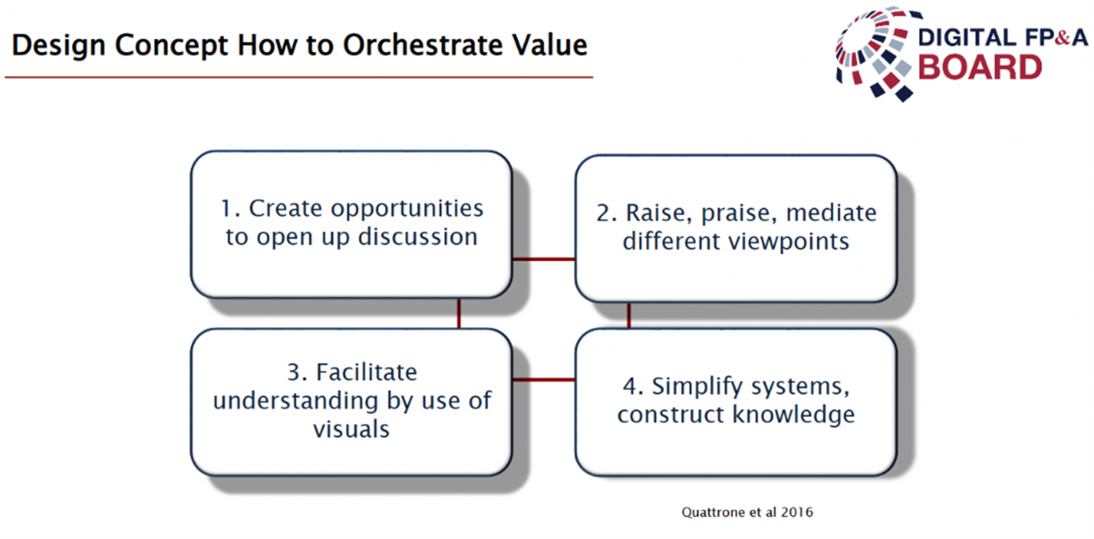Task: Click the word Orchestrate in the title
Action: tap(422, 45)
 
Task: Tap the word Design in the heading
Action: tap(58, 47)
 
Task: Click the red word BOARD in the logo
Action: tap(980, 67)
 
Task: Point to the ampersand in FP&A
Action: tap(1062, 37)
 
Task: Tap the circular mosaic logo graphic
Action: tap(874, 53)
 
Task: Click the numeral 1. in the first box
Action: tap(231, 208)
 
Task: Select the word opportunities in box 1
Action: tap(407, 209)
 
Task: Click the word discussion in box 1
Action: tap(418, 236)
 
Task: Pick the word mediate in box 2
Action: tap(831, 212)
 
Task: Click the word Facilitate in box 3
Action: tap(366, 372)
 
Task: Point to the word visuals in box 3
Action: tap(351, 430)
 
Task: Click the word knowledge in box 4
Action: tap(794, 414)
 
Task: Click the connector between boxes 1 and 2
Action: tap(543, 259)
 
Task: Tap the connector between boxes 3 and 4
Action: tap(543, 379)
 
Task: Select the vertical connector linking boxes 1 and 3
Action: tap(459, 313)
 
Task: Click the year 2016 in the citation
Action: tap(797, 513)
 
